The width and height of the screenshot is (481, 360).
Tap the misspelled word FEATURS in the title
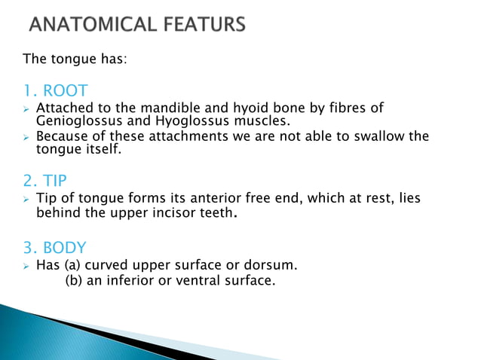tap(203, 25)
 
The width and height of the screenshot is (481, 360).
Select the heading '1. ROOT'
tap(56, 92)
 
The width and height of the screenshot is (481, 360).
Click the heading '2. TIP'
tap(48, 181)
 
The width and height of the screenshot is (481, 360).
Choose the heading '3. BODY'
tap(55, 248)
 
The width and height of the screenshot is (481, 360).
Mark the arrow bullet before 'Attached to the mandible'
tap(25, 109)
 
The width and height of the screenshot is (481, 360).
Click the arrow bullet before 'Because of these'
tap(25, 137)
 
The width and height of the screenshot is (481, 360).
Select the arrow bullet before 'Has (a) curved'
tap(25, 266)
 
